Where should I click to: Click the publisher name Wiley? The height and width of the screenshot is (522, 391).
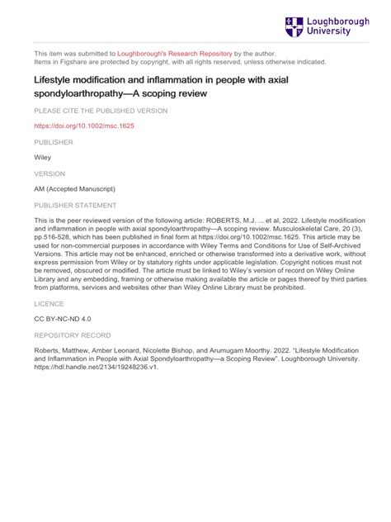click(43, 158)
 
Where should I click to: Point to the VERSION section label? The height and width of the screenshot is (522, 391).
click(49, 173)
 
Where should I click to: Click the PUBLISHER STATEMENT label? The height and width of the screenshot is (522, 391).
click(75, 205)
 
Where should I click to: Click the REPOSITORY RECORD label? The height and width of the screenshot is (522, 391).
click(71, 336)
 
